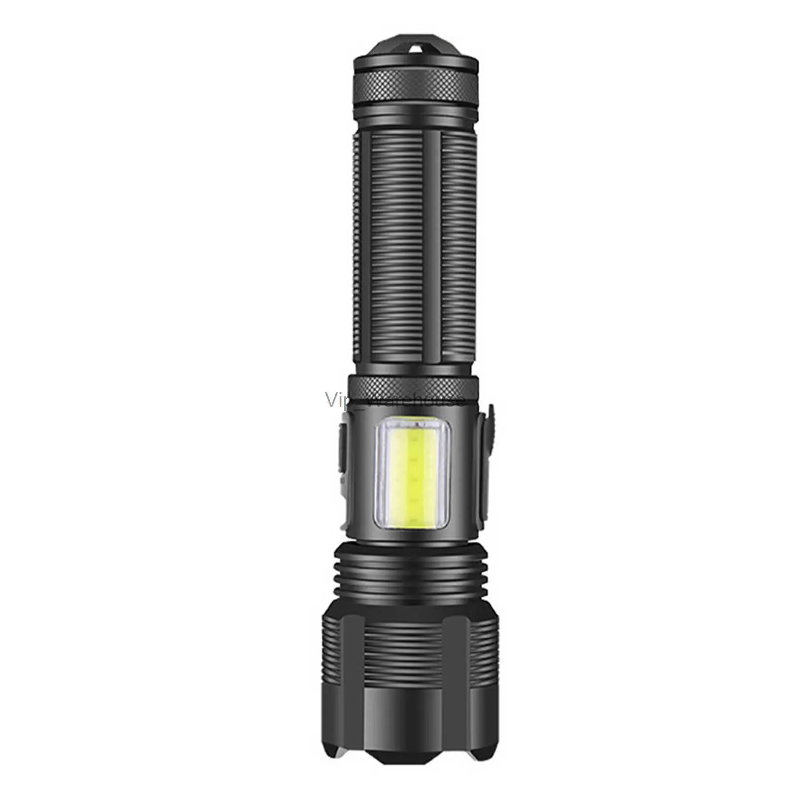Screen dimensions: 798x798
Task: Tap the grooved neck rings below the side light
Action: pos(409,578)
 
